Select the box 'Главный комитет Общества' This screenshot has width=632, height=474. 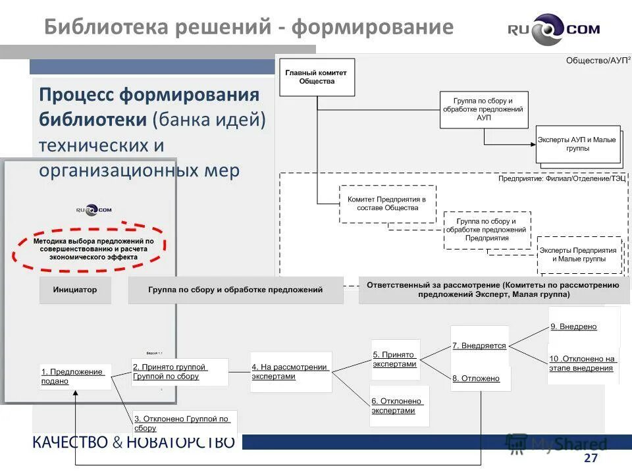pos(317,77)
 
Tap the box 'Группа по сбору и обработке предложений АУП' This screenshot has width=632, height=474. pos(484,109)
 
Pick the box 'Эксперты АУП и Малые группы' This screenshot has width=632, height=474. pos(577,144)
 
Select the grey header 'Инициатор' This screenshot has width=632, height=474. pos(75,290)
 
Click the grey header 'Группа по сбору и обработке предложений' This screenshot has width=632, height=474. pos(236,290)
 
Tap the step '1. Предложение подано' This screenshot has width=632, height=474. pos(76,376)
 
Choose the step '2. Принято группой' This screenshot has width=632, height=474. pos(180,372)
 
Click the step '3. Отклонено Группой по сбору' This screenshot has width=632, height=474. pos(184,423)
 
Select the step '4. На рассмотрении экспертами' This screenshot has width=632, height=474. pos(291,372)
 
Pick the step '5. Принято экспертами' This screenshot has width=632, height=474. pos(396,359)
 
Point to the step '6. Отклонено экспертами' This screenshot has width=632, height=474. pos(399,406)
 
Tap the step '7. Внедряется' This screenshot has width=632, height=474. pos(479,345)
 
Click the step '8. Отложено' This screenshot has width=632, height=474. pos(479,379)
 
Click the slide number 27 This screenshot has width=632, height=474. pos(591,458)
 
